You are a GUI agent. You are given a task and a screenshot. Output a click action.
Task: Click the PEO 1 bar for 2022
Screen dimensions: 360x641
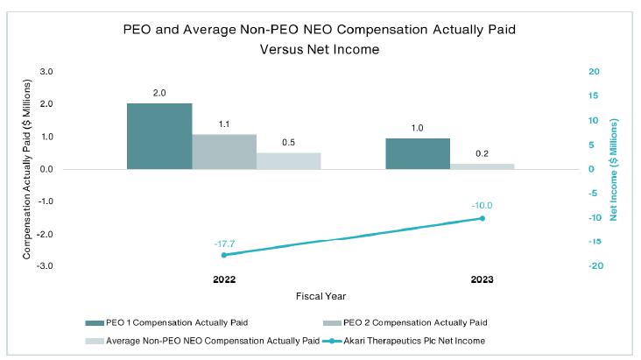tap(159, 136)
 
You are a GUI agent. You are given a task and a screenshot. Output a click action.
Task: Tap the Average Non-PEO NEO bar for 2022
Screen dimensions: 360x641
tap(288, 160)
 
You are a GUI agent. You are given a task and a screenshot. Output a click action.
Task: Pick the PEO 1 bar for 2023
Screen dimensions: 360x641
tap(418, 152)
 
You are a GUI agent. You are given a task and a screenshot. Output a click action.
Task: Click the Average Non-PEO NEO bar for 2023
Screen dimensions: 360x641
tap(483, 166)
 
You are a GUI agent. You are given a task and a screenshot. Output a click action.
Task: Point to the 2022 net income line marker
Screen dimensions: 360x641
tap(224, 255)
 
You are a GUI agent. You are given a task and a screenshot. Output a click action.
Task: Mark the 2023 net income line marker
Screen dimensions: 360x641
tap(483, 218)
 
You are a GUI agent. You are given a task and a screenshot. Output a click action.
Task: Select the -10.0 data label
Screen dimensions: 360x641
tap(483, 206)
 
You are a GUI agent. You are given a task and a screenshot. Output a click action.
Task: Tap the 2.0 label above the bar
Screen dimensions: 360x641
tap(159, 93)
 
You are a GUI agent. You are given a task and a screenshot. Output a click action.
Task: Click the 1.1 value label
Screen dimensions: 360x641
tap(224, 124)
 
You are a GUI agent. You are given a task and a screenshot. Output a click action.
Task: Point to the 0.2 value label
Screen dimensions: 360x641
tap(483, 153)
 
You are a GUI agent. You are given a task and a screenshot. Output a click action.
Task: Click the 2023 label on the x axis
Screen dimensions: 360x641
tap(483, 280)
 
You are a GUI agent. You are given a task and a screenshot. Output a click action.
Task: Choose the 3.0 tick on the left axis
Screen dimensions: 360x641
tap(46, 71)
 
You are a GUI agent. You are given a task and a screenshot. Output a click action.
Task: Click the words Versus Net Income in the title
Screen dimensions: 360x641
tap(320, 49)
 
